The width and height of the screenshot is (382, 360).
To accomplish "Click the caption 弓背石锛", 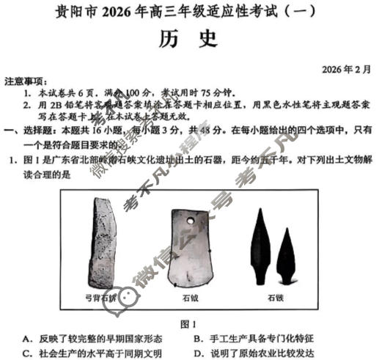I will (x=100, y=298).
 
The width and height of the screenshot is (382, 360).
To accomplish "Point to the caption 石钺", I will (x=192, y=298).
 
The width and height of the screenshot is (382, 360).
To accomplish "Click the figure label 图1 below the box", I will (x=188, y=323).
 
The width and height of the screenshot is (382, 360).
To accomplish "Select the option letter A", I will (x=26, y=338).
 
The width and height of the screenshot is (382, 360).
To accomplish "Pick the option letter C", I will (x=26, y=353).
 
